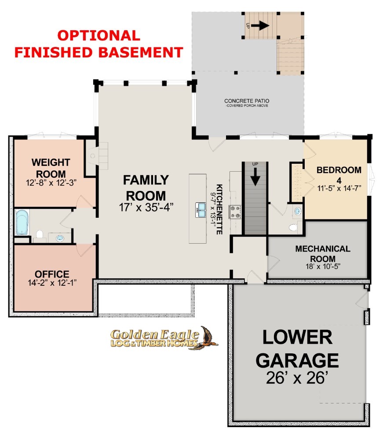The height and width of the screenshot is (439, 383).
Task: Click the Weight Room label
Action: [x=51, y=168]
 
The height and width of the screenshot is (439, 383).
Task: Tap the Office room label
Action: [x=52, y=274]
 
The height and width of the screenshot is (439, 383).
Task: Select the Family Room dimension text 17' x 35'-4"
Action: [x=146, y=207]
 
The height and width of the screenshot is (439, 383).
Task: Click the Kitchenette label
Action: [x=219, y=209]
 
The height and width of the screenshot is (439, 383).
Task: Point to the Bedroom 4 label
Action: [x=339, y=174]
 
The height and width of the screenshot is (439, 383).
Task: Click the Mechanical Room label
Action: [x=323, y=253]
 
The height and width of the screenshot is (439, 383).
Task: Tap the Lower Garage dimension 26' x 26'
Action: [x=297, y=378]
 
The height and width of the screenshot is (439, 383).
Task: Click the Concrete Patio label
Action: [x=247, y=101]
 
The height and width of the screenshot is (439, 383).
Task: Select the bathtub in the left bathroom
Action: [x=22, y=223]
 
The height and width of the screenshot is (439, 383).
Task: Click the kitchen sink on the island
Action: [x=201, y=210]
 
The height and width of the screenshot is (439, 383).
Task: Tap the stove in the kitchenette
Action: [x=235, y=212]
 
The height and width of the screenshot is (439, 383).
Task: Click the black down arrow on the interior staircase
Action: [x=255, y=176]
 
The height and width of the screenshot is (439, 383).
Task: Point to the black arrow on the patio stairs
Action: [x=260, y=25]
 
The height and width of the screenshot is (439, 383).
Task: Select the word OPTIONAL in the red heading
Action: [x=98, y=36]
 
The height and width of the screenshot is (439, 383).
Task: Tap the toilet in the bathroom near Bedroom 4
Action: [x=293, y=227]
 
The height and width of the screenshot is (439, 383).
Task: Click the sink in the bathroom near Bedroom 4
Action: [x=298, y=211]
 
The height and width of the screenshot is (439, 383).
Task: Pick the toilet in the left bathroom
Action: [x=40, y=234]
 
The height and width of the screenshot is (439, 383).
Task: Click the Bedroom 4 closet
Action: [x=297, y=183]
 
